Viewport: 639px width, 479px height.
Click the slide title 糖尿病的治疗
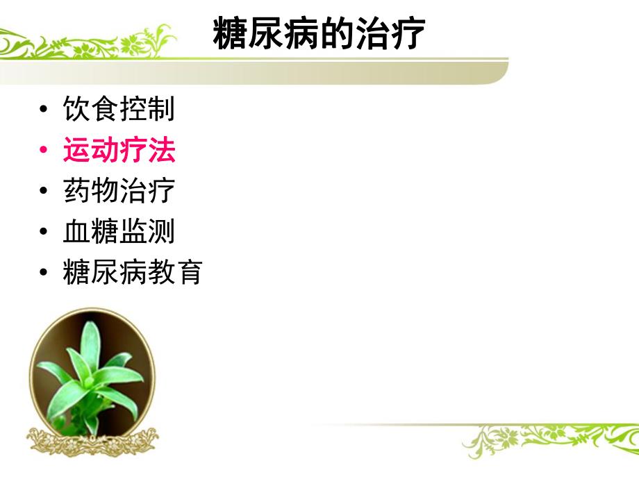[x=319, y=34]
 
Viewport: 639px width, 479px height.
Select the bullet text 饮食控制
[x=119, y=109]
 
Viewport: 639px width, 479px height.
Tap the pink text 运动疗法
[x=119, y=150]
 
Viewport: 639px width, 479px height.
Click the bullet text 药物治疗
[x=119, y=191]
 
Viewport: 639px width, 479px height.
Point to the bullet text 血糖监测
[x=119, y=231]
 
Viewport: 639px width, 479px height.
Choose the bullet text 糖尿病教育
[x=133, y=272]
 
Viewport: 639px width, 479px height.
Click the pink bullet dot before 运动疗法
[x=44, y=151]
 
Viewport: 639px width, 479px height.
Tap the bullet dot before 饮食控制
[x=44, y=110]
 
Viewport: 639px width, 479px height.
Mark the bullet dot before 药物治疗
[x=44, y=192]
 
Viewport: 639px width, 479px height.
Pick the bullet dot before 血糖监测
[x=44, y=232]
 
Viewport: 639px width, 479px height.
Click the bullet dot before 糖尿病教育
[x=44, y=273]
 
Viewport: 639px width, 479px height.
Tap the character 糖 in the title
[x=231, y=34]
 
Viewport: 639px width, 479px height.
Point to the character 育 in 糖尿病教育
[x=189, y=272]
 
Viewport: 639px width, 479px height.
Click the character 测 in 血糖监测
[x=161, y=231]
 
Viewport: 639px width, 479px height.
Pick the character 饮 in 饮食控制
[x=76, y=109]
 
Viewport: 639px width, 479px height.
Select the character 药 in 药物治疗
[x=76, y=191]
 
